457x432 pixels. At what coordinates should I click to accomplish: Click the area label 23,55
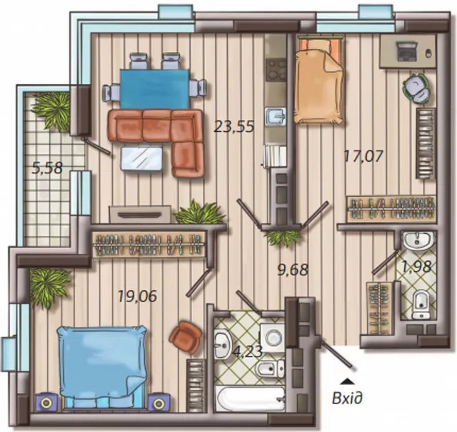click(x=234, y=127)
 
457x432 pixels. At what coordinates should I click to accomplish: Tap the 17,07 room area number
click(x=363, y=155)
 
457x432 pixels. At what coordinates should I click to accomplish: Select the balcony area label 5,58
click(x=47, y=168)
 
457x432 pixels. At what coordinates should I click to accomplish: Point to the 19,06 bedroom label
click(x=138, y=296)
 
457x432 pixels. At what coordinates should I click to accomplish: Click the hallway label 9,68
click(x=293, y=269)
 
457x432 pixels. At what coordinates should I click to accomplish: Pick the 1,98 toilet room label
click(x=416, y=267)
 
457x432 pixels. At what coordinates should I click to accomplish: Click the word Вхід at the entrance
click(x=348, y=398)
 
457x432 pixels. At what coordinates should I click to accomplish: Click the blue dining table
click(x=155, y=89)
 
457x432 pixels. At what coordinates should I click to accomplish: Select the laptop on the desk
click(x=407, y=51)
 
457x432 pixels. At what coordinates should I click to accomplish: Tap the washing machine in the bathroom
click(x=273, y=338)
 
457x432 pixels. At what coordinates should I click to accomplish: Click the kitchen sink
click(x=276, y=117)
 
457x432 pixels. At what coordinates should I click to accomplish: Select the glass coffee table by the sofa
click(x=141, y=159)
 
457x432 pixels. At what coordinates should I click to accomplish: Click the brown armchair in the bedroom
click(x=186, y=337)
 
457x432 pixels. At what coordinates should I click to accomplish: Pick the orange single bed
click(x=318, y=82)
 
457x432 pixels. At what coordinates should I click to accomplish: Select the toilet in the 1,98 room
click(x=421, y=305)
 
